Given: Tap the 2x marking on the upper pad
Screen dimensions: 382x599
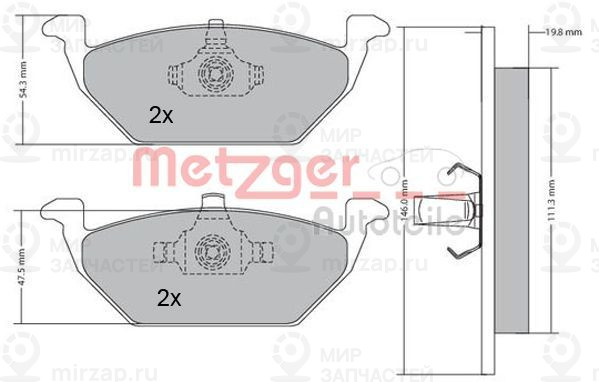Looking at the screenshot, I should click(160, 116).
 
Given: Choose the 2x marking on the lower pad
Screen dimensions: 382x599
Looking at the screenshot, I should click(167, 297).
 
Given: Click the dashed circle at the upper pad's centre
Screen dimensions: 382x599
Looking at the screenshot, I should click(213, 75).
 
